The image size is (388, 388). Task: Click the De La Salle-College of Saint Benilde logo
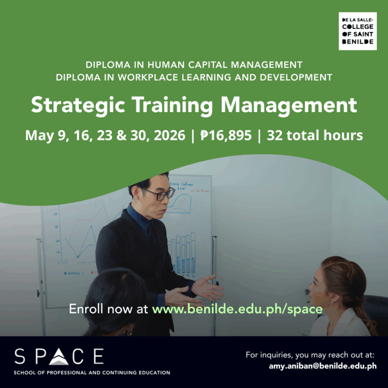point(357,32)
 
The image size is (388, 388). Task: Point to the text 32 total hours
point(315,136)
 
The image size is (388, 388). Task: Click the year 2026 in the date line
point(168,136)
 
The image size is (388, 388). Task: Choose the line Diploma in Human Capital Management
point(194,65)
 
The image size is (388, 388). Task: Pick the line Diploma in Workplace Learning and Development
point(194,77)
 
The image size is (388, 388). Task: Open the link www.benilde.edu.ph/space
point(237,309)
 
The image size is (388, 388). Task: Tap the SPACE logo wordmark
point(59,356)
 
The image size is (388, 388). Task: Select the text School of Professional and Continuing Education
point(92,373)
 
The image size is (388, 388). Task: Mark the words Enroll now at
point(108,309)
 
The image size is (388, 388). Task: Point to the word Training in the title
point(165,106)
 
